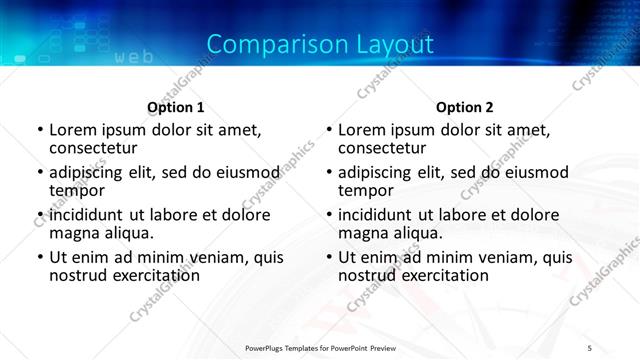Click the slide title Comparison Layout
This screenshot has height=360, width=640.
tap(320, 44)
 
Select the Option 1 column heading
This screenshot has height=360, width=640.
tap(175, 107)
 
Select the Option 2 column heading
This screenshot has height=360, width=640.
tap(464, 107)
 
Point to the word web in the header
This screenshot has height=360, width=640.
tap(134, 57)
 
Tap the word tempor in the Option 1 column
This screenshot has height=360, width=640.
tap(76, 189)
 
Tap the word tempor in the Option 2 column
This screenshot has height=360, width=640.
tap(365, 189)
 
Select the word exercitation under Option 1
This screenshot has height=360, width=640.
tap(148, 274)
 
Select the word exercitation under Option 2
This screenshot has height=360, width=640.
tap(437, 274)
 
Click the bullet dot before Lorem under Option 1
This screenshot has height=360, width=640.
tap(40, 130)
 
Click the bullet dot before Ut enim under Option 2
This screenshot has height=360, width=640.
tap(329, 258)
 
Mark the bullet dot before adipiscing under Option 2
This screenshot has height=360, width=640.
tap(329, 173)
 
